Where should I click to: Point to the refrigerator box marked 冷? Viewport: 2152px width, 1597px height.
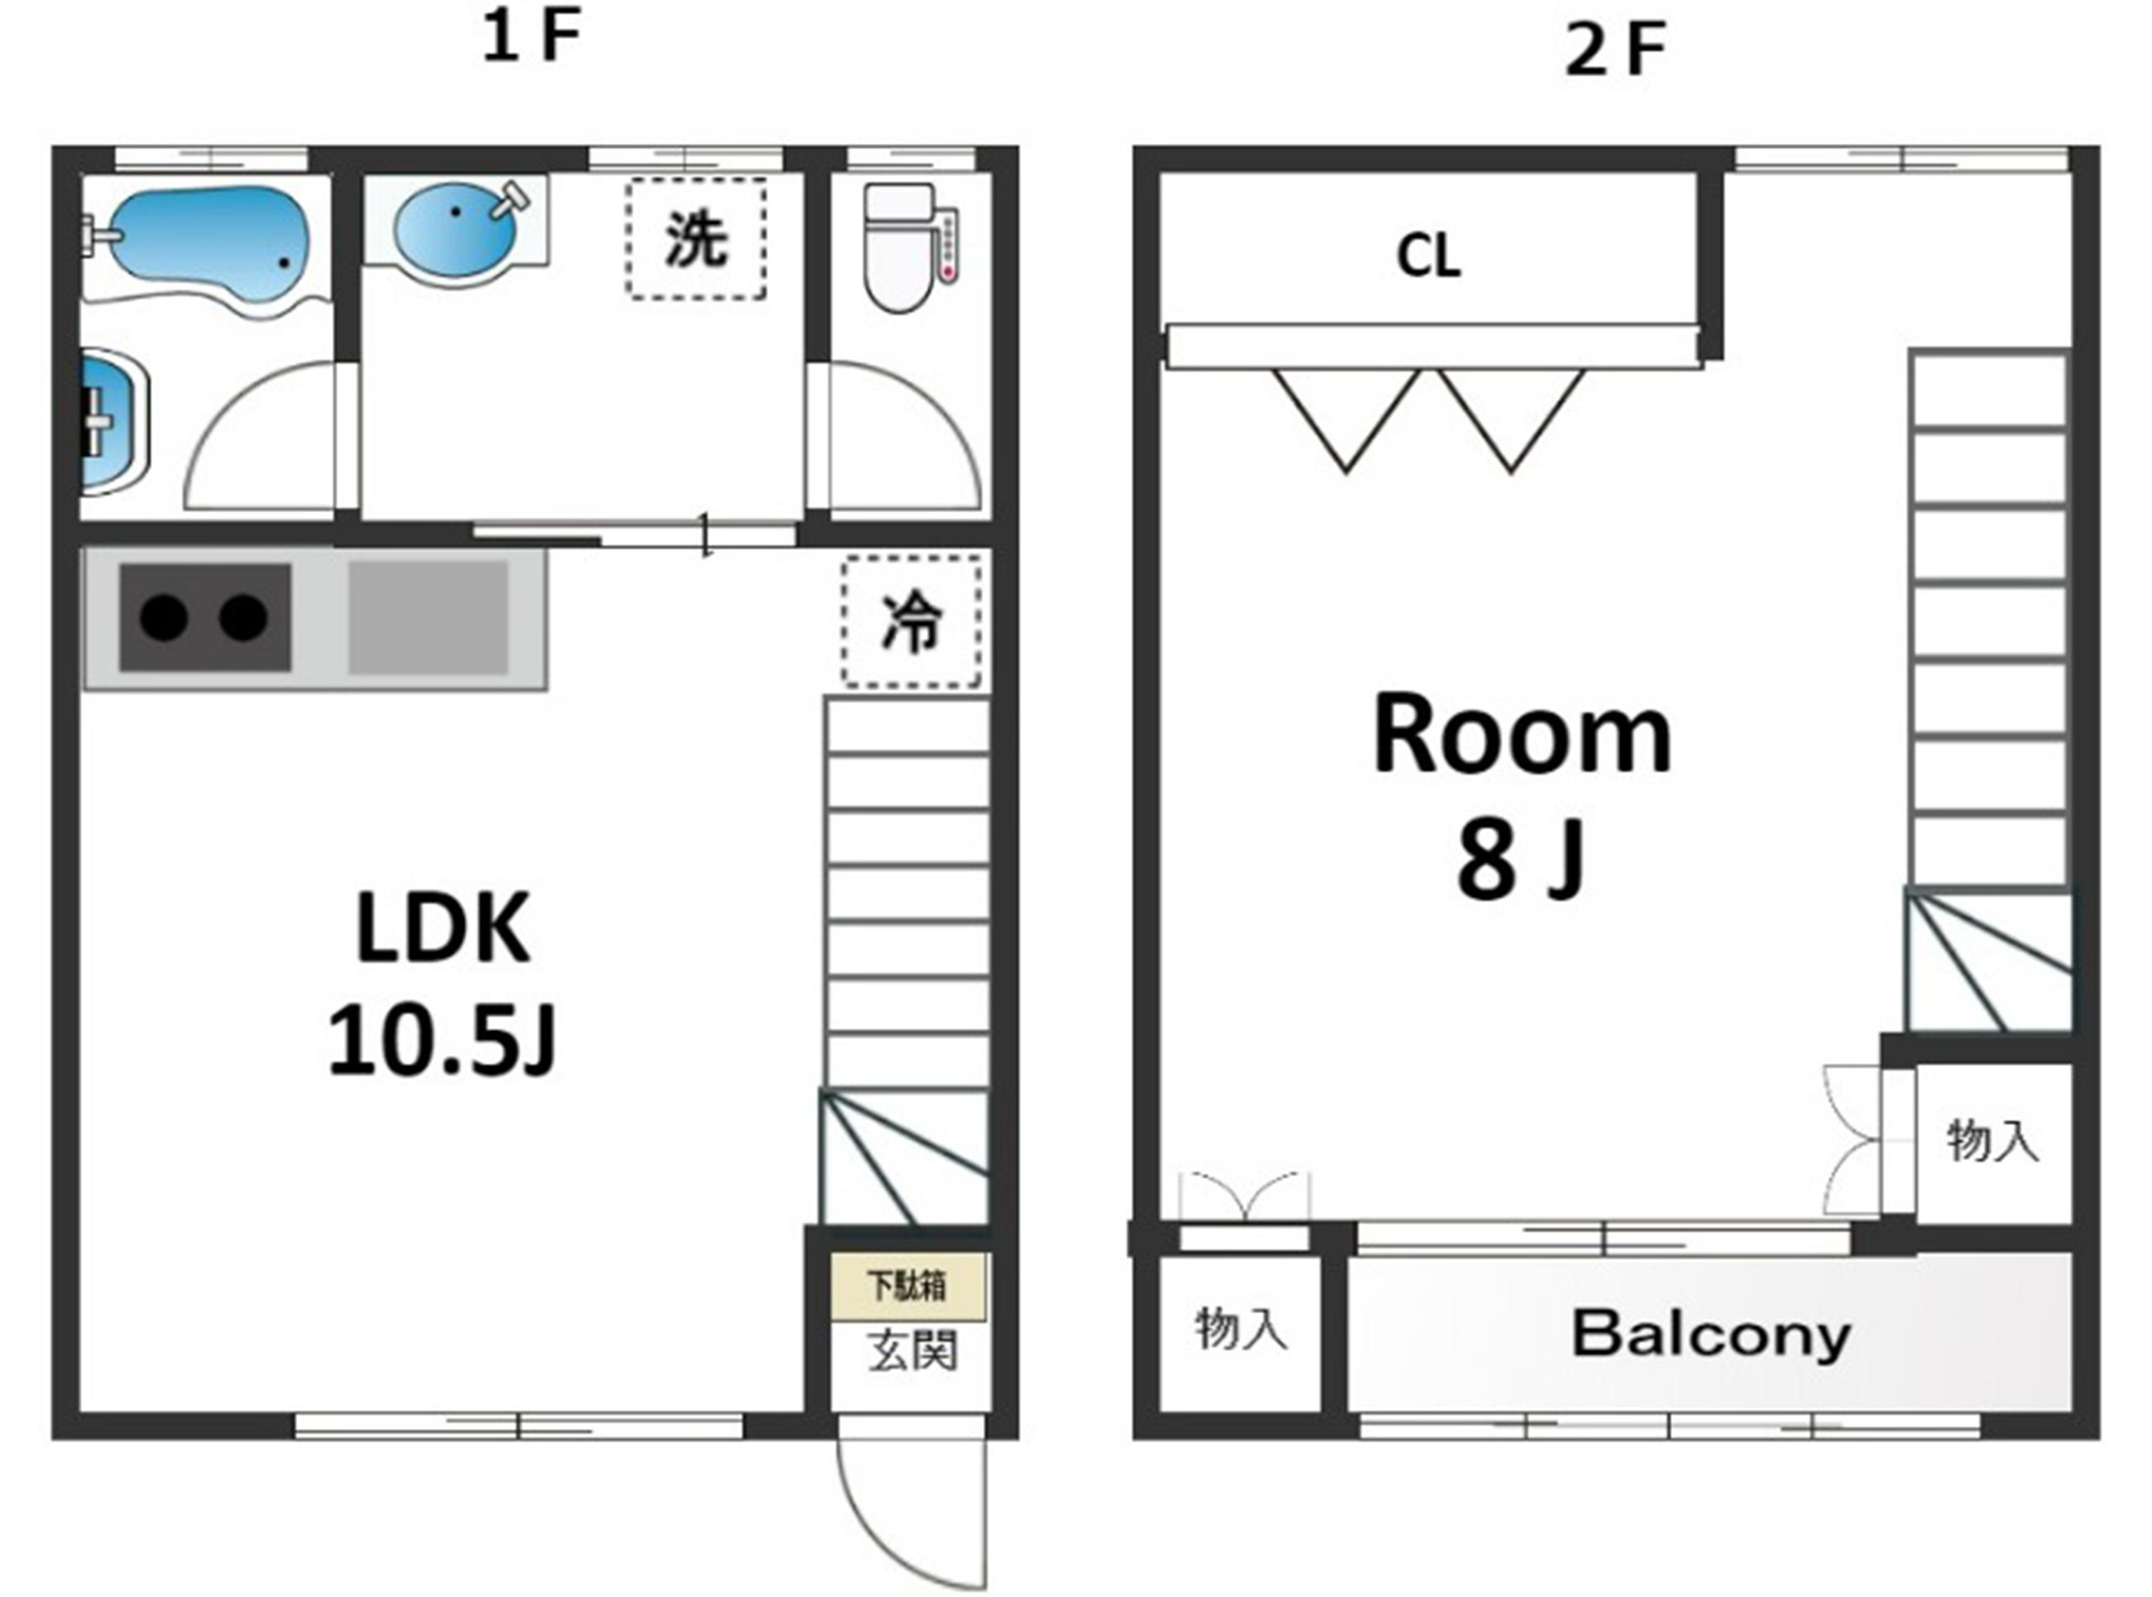(911, 621)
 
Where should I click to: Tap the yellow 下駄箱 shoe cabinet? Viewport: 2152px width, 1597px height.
(908, 1287)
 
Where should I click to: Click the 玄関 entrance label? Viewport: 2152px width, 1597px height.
(911, 1350)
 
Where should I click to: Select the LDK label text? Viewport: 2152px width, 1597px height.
(443, 929)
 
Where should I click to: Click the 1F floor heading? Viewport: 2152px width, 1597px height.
(531, 39)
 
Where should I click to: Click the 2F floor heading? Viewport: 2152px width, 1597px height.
(1616, 50)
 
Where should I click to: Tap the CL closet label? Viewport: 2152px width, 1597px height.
(1428, 257)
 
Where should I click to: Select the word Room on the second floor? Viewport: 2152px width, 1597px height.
(1523, 736)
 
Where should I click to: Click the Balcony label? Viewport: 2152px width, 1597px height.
(1711, 1334)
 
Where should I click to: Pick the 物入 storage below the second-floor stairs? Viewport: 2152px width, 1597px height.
(1992, 1141)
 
